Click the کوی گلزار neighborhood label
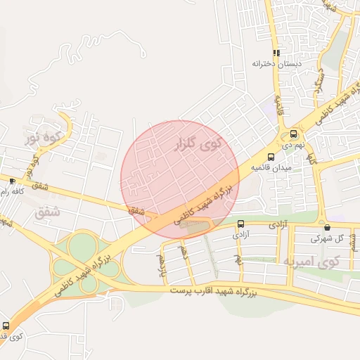(x=197, y=146)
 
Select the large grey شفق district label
(x=47, y=212)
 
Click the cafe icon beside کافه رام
(x=12, y=181)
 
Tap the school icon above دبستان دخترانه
(x=277, y=52)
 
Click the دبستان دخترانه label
(x=277, y=63)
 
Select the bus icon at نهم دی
(x=293, y=134)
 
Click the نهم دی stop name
(x=293, y=146)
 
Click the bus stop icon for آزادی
(x=240, y=224)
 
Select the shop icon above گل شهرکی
(x=328, y=227)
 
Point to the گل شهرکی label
(x=328, y=238)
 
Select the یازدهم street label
(x=162, y=266)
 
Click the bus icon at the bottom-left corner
(x=6, y=326)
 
